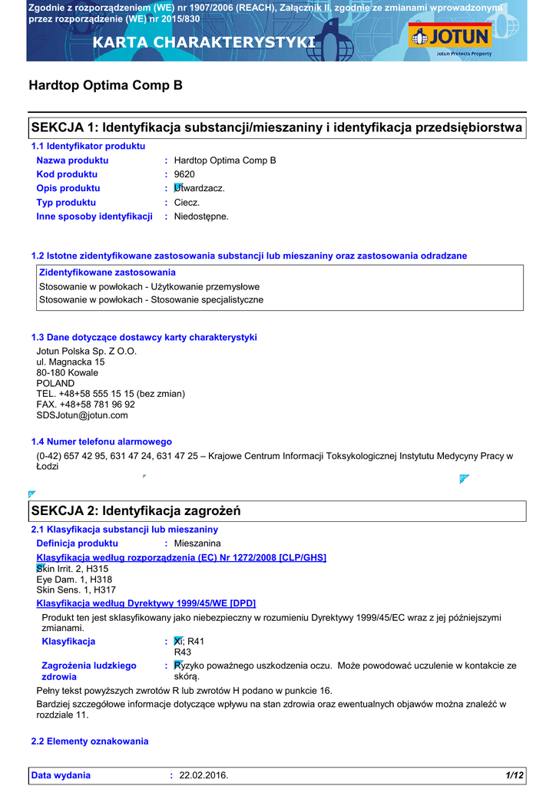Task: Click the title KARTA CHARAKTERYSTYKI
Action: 204,42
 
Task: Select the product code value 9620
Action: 184,174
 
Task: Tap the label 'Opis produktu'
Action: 68,188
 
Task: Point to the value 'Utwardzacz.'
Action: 200,188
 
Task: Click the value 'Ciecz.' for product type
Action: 187,203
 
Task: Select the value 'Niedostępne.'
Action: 201,216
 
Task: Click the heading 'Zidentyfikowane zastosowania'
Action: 108,272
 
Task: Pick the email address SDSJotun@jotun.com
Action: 82,415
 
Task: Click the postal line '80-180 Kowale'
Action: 68,372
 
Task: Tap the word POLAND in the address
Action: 56,383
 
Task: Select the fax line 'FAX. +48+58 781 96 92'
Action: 86,405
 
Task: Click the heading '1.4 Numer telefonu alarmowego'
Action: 101,441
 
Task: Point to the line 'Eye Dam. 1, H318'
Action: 74,580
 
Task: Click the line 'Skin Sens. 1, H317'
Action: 77,590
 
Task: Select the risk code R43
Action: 183,652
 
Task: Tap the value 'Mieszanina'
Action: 197,543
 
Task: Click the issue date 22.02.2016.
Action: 204,775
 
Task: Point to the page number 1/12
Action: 515,775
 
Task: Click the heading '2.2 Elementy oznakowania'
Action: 90,741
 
